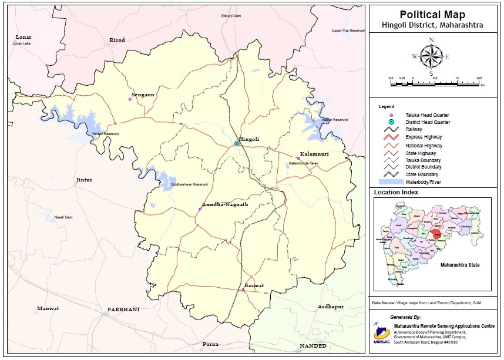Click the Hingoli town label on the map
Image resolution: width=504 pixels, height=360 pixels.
(x=248, y=139)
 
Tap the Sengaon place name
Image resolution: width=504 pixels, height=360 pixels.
(x=143, y=94)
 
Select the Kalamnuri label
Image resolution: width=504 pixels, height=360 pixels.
(x=314, y=154)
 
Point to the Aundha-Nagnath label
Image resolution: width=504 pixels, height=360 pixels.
(x=225, y=204)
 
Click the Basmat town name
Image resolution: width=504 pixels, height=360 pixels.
(x=254, y=285)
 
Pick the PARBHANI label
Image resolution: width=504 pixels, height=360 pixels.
(x=123, y=309)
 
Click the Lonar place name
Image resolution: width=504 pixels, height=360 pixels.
(x=24, y=37)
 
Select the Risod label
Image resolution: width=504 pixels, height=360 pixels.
(x=117, y=40)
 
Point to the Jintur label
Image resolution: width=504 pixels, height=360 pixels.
(x=84, y=180)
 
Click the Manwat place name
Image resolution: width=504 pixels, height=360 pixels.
(x=48, y=308)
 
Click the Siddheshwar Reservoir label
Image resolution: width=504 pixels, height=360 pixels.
(x=190, y=184)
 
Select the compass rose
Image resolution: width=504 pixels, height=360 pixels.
(x=431, y=57)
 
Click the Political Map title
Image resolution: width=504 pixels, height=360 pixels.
(x=432, y=15)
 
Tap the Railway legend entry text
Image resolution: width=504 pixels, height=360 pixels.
(x=414, y=129)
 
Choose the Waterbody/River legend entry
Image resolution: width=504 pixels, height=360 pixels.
(x=422, y=182)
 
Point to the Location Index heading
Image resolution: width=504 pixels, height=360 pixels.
(x=396, y=192)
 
